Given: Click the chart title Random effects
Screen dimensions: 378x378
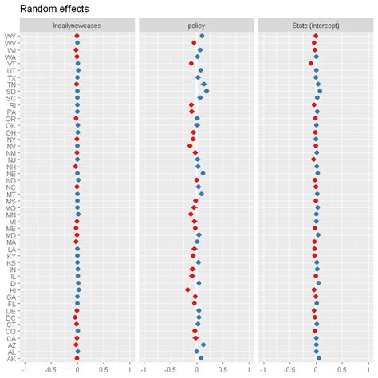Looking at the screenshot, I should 52,9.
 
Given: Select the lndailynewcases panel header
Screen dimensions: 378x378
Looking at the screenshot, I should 77,26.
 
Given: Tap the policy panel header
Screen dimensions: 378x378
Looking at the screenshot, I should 196,26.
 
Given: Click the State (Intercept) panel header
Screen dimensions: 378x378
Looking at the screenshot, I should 316,26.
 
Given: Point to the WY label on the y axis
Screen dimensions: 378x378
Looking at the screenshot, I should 10,37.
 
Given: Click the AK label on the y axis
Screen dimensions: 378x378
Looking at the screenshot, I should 10,358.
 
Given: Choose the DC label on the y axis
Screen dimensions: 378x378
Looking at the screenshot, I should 10,317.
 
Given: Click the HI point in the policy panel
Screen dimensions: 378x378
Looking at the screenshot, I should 187,290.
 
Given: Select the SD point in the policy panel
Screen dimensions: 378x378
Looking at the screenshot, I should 207,91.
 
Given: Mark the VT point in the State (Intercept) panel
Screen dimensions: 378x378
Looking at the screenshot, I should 311,64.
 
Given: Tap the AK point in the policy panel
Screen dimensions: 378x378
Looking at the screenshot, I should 201,358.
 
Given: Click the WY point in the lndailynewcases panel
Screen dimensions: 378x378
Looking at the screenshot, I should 77,37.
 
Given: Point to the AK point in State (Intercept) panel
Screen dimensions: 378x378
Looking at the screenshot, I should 318,358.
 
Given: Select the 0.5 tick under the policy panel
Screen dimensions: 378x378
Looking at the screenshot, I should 222,369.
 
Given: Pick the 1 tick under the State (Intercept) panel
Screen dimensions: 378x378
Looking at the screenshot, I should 368,369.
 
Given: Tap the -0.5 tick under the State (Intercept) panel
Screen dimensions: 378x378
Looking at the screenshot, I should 289,369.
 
